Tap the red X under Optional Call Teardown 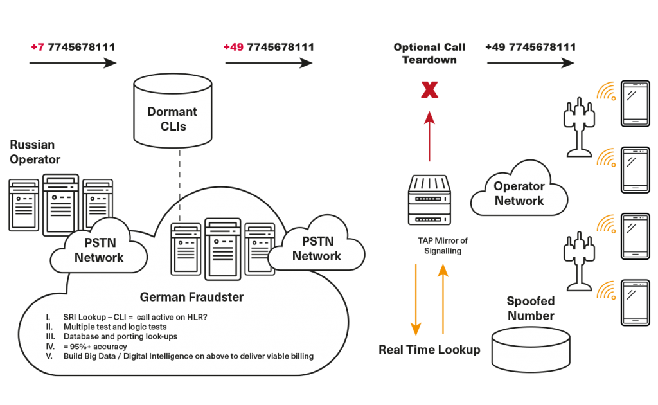click(429, 90)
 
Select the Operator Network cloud click(519, 193)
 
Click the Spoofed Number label click(530, 309)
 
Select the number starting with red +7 click(73, 48)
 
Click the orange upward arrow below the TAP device click(443, 299)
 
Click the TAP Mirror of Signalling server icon click(429, 199)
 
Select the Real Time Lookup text click(429, 350)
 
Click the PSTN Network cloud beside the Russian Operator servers click(99, 251)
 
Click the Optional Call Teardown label click(429, 54)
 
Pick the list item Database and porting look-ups click(119, 336)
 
